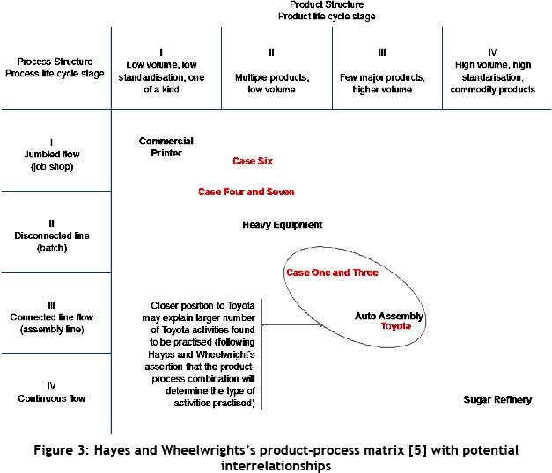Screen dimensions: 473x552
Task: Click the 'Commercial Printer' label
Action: tap(166, 147)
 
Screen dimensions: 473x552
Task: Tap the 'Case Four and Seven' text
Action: tap(246, 192)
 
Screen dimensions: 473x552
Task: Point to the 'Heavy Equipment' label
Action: tap(282, 225)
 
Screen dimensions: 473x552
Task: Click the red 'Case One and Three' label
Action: tap(332, 273)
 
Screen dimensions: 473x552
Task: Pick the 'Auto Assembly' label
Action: tap(389, 316)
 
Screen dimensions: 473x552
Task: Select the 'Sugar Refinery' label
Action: tap(497, 399)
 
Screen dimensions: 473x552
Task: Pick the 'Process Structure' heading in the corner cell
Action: tap(55, 62)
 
